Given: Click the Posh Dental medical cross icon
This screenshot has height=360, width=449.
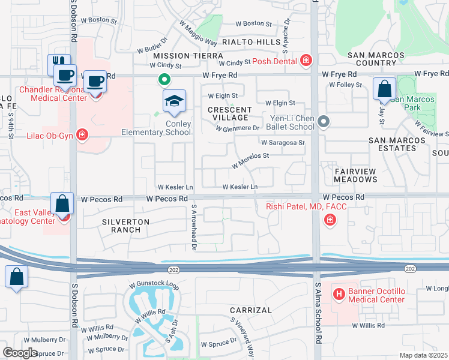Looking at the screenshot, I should coord(306,60).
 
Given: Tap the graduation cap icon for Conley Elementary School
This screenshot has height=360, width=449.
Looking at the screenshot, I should coord(174,102).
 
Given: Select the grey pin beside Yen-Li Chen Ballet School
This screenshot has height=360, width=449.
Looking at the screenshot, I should coord(324,122).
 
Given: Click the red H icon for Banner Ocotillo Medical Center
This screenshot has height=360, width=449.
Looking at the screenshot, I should coord(339,293).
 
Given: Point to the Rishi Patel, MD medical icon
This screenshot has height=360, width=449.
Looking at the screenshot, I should coord(329,221).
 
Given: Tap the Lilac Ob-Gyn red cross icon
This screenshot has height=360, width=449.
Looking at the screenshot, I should coord(82,136).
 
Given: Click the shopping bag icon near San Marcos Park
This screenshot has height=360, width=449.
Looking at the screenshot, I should coord(384,89).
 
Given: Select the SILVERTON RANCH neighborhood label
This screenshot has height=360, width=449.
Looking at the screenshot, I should coord(125,226).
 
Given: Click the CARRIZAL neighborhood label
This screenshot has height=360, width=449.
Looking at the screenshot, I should coord(251,310).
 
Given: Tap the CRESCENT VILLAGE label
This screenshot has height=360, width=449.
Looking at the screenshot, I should coord(230,114).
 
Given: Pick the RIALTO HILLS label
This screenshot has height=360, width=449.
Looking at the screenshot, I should coord(251,42).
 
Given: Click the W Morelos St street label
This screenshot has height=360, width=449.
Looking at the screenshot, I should coord(249,160).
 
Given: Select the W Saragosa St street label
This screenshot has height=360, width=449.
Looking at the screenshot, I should coord(283,143).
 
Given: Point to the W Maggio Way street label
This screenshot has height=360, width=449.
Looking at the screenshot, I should coord(197,34).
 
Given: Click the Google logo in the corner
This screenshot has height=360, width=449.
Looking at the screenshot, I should coord(20,353).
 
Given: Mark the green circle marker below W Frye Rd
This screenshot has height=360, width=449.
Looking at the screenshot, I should coord(163,79).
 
